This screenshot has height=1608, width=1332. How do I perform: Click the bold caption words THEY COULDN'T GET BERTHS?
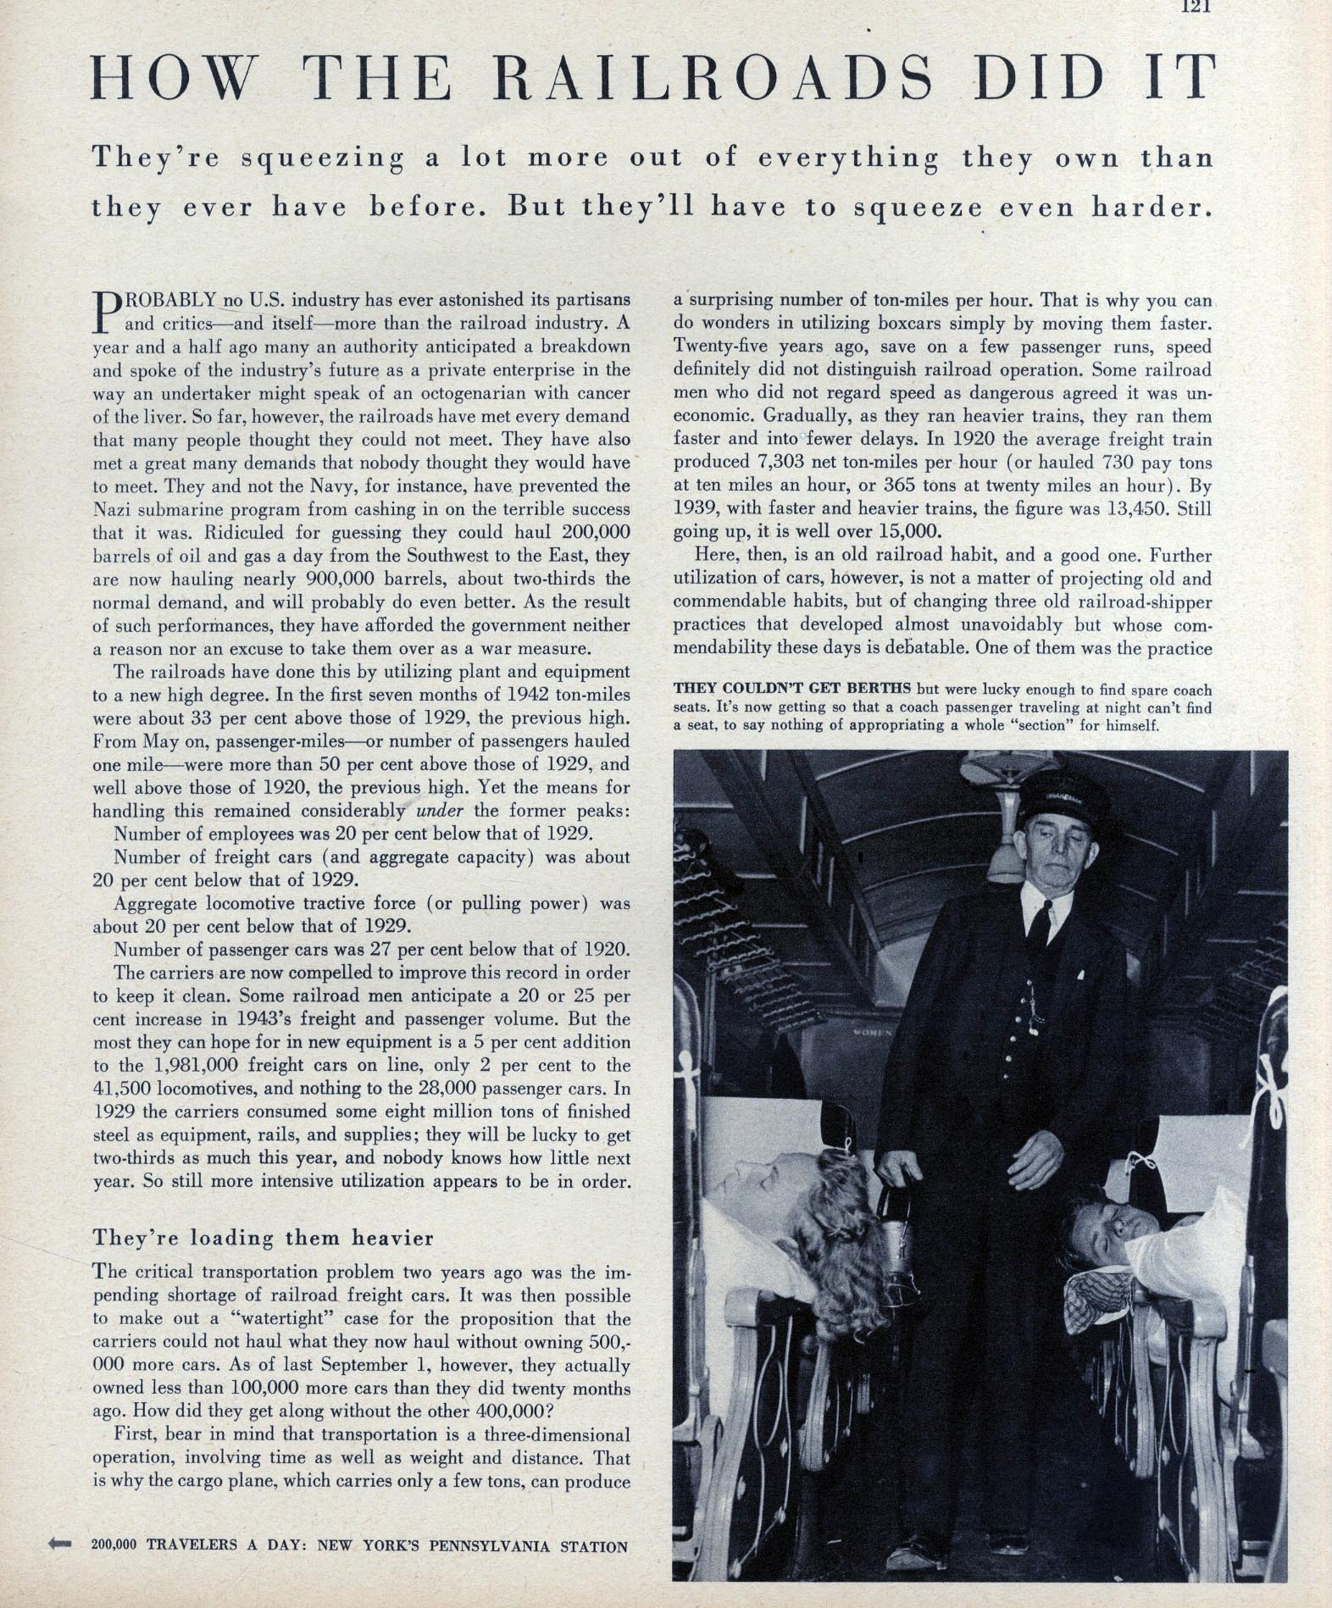tap(792, 689)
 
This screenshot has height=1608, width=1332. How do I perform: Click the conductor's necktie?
tap(1040, 924)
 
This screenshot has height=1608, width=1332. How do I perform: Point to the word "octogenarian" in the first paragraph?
tap(443, 393)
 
